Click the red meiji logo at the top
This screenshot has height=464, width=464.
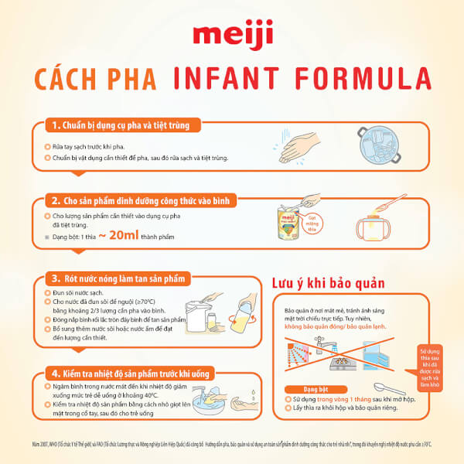pyautogui.click(x=231, y=36)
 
